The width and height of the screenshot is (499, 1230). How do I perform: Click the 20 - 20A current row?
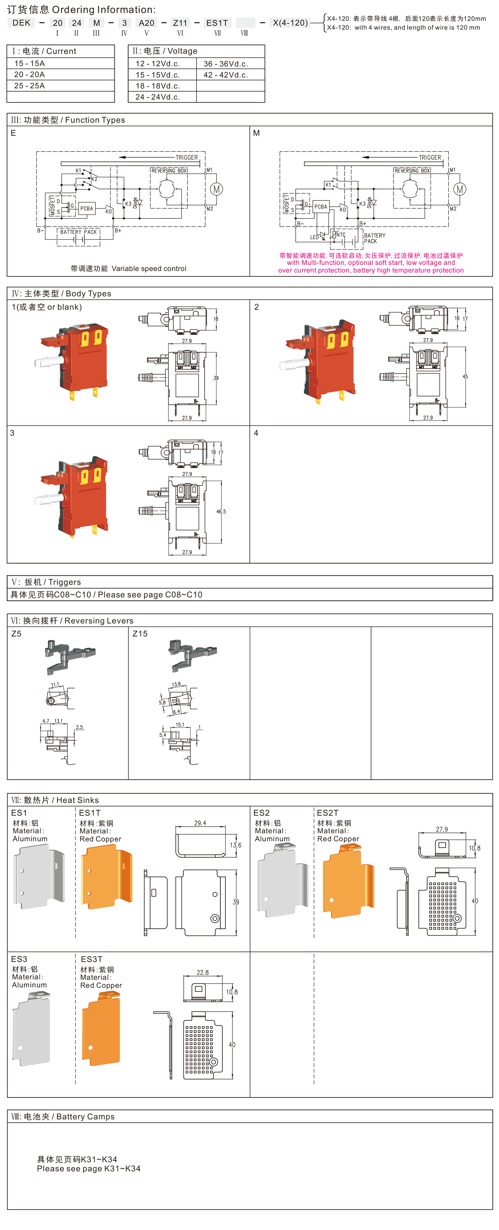[30, 75]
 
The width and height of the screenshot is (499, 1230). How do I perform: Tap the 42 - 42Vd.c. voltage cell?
[225, 75]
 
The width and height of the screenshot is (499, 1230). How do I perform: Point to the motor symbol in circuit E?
[216, 189]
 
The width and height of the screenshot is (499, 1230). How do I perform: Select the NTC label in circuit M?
[341, 235]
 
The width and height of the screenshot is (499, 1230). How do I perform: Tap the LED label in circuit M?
[314, 237]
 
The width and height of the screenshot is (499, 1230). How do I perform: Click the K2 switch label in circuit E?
[94, 179]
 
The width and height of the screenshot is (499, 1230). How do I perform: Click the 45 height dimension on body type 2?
[465, 377]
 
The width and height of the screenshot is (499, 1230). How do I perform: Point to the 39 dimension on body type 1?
[216, 378]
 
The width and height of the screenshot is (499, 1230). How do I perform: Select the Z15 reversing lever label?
[140, 634]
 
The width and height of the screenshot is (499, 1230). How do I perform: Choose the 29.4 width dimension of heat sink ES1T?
[200, 823]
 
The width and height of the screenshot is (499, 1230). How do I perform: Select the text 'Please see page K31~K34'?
[89, 1168]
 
